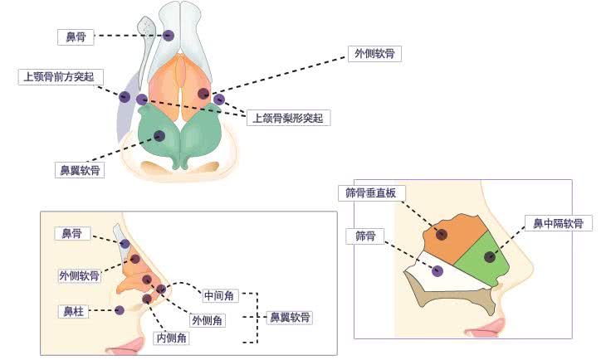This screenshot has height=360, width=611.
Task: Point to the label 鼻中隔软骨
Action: pos(558,223)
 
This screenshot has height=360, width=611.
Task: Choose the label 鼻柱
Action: pos(71,312)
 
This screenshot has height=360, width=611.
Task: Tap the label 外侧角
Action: pos(206,319)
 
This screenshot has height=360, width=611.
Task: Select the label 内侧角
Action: pos(173,338)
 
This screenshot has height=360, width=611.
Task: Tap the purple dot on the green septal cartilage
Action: pos(490,256)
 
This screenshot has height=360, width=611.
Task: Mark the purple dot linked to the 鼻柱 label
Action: pos(120,310)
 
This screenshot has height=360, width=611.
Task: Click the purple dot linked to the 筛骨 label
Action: pos(437,270)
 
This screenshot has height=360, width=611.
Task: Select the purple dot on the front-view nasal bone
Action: pos(169,36)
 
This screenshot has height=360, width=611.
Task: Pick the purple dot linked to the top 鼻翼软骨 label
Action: pos(159,135)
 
